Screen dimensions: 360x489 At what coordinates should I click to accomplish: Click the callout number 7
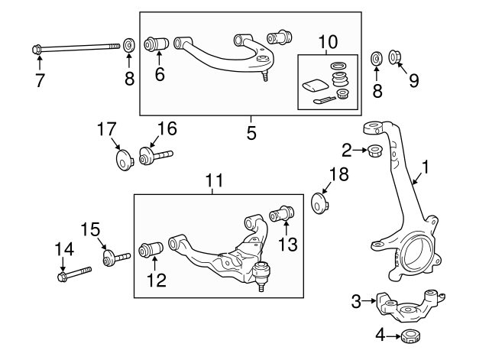40,79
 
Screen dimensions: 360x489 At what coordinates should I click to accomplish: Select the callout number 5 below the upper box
251,132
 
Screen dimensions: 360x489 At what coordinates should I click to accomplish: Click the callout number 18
338,174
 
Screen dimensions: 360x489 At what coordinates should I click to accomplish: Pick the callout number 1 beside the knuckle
426,165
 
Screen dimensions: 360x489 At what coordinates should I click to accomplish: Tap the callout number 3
355,302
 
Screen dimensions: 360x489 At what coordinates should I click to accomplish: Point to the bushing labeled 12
151,250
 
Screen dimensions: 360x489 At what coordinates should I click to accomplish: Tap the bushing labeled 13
283,214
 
